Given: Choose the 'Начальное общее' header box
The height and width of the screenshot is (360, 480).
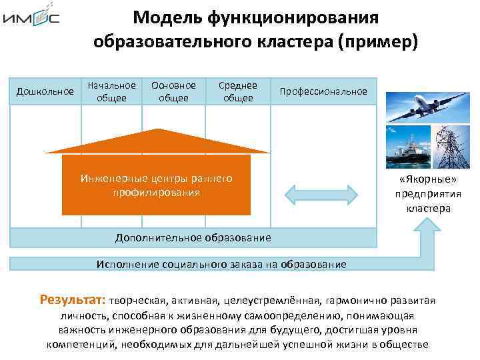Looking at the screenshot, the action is pos(111,91).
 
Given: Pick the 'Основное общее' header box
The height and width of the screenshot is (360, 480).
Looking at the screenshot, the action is pos(173,91).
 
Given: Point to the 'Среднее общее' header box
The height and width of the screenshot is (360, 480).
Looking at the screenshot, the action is pos(238,91).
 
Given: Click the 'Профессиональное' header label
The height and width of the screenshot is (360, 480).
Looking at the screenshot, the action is pos(324,91).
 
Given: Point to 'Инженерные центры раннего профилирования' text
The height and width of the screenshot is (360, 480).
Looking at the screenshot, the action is pos(156,185).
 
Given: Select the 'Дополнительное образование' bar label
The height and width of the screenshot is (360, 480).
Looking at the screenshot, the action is pos(193,237).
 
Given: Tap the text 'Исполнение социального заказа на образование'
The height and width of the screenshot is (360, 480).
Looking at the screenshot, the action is pos(221,264).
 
